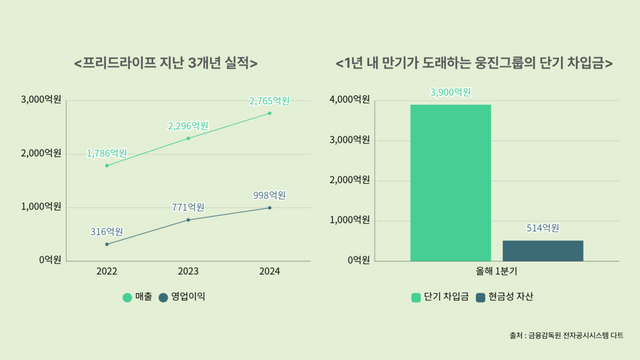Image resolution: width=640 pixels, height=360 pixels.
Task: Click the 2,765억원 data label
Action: (269, 101)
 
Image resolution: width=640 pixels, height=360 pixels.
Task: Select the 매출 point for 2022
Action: (106, 165)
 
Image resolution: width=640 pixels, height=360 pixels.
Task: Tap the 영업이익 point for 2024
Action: (269, 207)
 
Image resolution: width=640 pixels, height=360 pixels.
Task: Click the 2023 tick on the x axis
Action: (187, 271)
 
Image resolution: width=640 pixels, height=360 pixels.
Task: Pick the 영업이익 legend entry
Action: (188, 297)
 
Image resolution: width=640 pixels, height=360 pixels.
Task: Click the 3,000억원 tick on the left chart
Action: (42, 100)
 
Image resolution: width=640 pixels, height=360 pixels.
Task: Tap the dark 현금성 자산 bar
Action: (543, 250)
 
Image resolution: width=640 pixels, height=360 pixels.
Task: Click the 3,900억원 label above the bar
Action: (450, 92)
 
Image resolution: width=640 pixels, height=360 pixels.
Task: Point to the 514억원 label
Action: (543, 228)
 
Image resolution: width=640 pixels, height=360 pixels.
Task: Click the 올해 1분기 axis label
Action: (497, 271)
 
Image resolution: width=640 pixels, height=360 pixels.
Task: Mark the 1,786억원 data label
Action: (107, 153)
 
